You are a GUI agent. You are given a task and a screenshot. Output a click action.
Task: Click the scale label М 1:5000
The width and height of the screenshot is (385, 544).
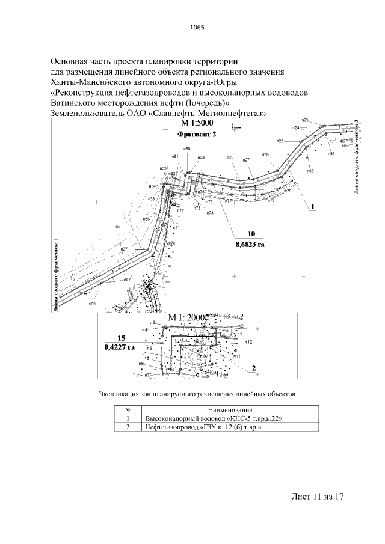coord(197,124)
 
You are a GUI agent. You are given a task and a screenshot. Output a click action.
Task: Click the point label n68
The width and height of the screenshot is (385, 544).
coord(93,304)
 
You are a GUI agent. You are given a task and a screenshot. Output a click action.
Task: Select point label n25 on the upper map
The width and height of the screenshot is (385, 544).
coord(280,141)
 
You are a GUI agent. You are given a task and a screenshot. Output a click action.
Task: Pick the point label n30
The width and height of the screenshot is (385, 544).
coord(186,148)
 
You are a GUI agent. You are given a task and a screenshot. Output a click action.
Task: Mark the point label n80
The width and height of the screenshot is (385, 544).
coord(310,171)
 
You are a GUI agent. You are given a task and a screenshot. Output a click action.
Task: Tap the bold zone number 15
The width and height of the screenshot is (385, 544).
coord(121,338)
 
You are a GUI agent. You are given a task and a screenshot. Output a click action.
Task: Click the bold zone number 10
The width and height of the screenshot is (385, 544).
coord(251,234)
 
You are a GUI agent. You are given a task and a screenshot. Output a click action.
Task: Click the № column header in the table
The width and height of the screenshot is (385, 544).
coord(128,409)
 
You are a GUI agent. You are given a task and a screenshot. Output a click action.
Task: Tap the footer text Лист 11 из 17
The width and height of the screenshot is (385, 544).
coord(317,497)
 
